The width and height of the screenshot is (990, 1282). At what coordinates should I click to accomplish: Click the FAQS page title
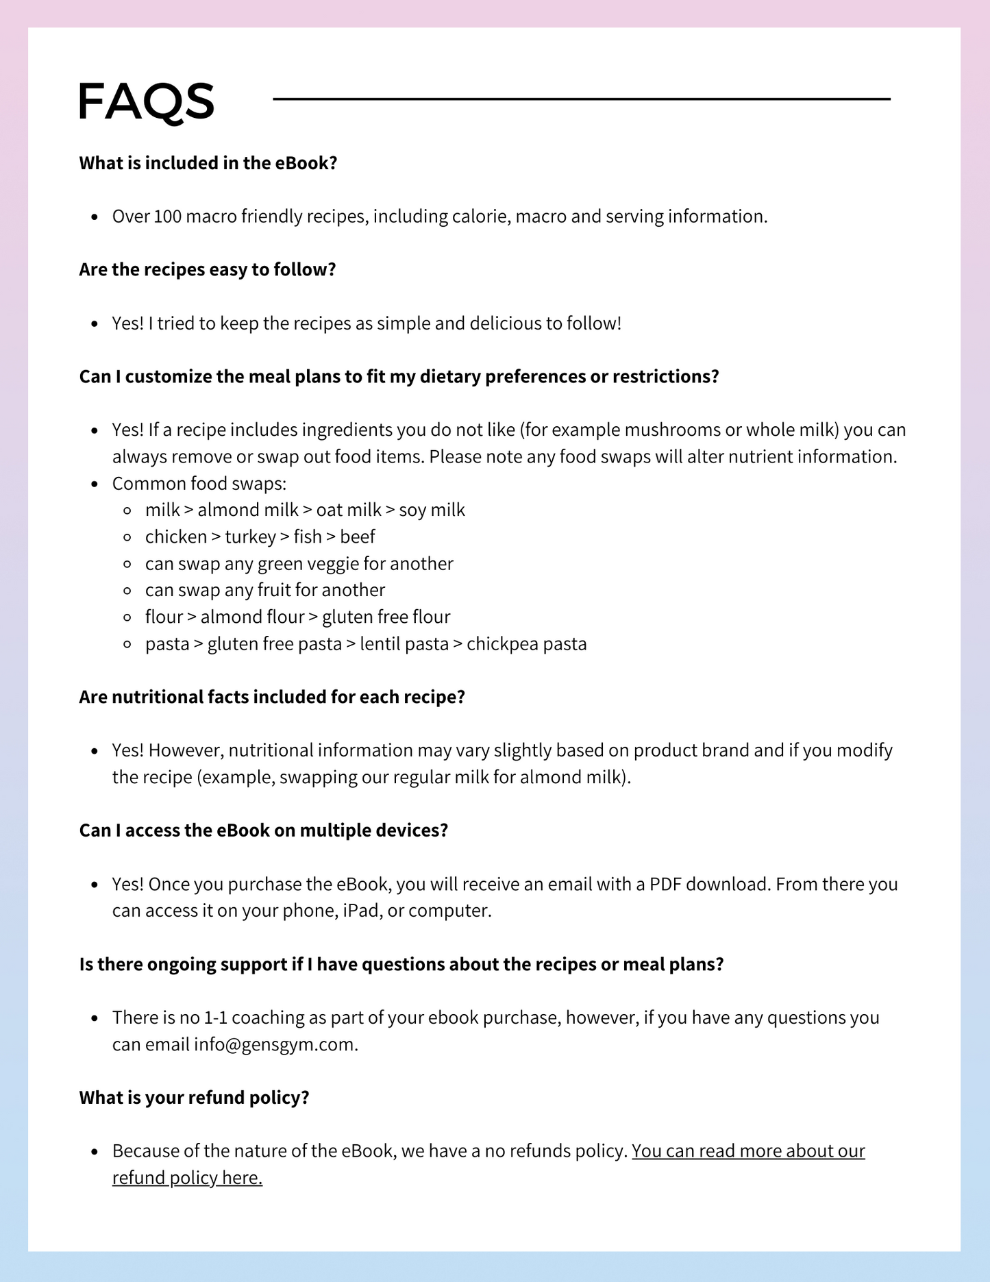pyautogui.click(x=146, y=101)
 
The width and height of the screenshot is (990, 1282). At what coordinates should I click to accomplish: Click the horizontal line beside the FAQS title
pyautogui.click(x=581, y=99)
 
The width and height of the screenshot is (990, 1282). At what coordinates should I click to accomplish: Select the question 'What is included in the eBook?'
pyautogui.click(x=208, y=163)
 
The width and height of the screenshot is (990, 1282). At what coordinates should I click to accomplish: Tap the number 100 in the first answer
pyautogui.click(x=167, y=217)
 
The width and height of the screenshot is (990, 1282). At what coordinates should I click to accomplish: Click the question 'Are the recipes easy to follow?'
pyautogui.click(x=208, y=269)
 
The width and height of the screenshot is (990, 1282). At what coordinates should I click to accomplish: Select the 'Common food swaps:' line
pyautogui.click(x=199, y=484)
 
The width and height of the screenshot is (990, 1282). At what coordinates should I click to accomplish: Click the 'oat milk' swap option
pyautogui.click(x=349, y=510)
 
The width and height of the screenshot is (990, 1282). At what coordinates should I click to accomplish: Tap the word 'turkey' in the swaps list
pyautogui.click(x=250, y=537)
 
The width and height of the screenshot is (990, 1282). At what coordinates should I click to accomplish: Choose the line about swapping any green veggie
pyautogui.click(x=299, y=563)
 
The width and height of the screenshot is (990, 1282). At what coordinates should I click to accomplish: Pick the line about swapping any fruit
pyautogui.click(x=265, y=590)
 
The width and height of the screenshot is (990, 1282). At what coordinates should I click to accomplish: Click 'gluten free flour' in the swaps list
pyautogui.click(x=386, y=617)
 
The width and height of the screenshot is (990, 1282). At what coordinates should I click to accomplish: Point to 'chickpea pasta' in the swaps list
pyautogui.click(x=527, y=644)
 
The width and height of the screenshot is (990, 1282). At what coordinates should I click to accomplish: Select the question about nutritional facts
pyautogui.click(x=272, y=697)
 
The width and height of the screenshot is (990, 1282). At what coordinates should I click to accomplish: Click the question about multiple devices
pyautogui.click(x=264, y=830)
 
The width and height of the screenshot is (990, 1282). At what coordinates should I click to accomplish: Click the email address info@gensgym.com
pyautogui.click(x=274, y=1044)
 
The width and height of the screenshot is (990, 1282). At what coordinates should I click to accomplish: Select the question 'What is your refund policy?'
pyautogui.click(x=195, y=1098)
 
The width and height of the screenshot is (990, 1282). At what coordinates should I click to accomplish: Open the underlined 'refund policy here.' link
pyautogui.click(x=188, y=1178)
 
